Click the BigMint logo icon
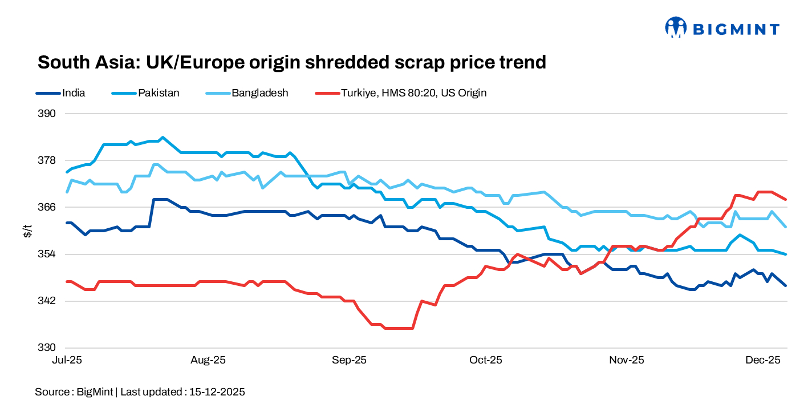pos(676,27)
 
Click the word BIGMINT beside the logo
pos(736,29)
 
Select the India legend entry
pos(74,92)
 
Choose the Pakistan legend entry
pos(159,92)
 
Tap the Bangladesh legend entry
pos(259,92)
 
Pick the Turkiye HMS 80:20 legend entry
pos(413,92)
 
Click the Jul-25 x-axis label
pos(67,360)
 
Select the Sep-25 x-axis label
pos(349,360)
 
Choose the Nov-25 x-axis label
pos(626,360)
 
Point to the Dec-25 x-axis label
pos(763,360)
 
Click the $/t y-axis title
pos(27,231)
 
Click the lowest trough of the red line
pos(399,328)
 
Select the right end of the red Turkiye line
pos(786,199)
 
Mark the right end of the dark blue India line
pos(786,285)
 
